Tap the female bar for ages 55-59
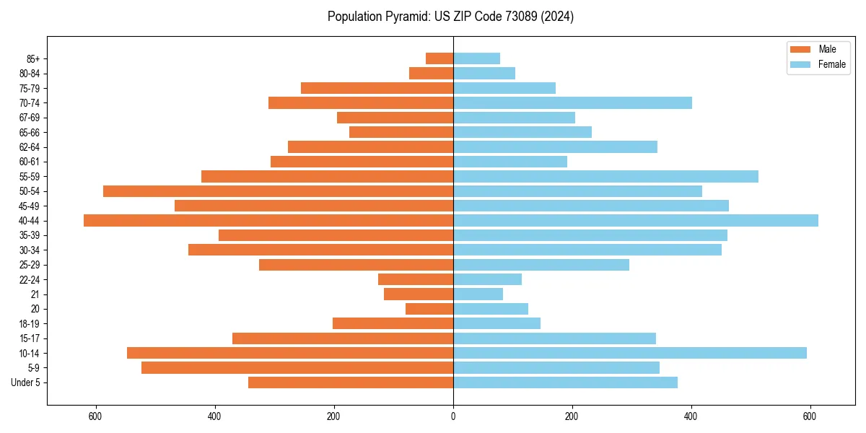coord(605,177)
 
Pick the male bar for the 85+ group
coord(439,58)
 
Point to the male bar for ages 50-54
coord(278,191)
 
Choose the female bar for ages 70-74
coord(572,103)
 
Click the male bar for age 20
coord(429,309)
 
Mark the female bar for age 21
coord(478,294)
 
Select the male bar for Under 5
coord(351,382)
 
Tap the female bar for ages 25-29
coord(541,265)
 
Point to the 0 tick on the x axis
coord(453,416)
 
